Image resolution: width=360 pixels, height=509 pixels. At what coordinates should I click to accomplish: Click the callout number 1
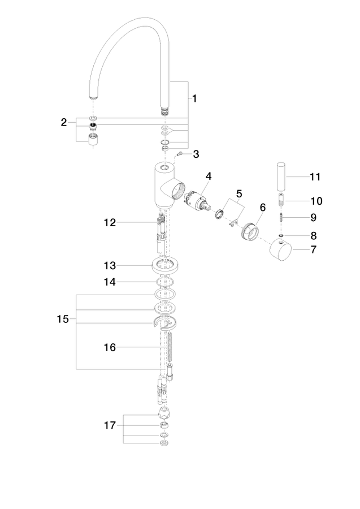coord(194,98)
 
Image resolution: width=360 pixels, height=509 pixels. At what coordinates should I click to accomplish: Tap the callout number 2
coord(63,122)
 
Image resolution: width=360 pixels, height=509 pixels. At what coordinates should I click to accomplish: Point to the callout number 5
coord(239,194)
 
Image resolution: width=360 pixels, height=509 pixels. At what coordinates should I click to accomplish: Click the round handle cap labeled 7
coord(280,249)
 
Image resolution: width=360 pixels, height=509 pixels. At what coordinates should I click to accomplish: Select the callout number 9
coord(313,218)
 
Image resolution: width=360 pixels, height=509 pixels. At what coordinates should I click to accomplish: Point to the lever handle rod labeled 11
coord(281,176)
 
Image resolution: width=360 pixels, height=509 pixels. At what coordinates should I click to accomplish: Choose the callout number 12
coord(110,223)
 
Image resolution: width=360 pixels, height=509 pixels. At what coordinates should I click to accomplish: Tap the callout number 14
coord(110,282)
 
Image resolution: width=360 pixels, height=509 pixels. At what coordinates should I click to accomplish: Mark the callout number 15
coord(63,319)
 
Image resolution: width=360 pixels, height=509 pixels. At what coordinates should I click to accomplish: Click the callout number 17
coord(110,425)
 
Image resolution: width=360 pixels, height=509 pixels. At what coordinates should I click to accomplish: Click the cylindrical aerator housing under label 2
coord(93,139)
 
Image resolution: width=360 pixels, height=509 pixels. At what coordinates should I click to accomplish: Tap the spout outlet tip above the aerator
coord(93,96)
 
